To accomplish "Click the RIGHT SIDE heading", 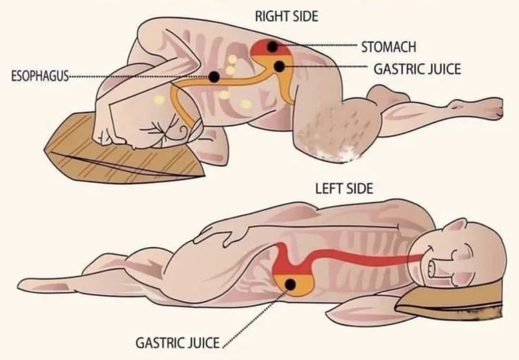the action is click(x=286, y=16).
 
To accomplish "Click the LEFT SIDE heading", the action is click(x=344, y=188).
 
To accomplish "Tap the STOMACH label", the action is click(x=388, y=47).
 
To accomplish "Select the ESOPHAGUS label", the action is click(x=40, y=76).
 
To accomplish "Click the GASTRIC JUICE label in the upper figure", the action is click(x=417, y=69).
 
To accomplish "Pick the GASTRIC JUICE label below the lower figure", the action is click(x=178, y=342).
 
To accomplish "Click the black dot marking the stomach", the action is click(x=272, y=47).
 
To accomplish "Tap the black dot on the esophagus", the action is click(x=214, y=77).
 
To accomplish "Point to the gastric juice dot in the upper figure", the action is click(x=279, y=66).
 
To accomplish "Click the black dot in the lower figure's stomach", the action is click(x=290, y=284).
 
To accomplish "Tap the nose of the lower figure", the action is click(x=432, y=268).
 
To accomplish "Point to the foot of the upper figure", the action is click(x=476, y=108).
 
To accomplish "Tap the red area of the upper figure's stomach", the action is click(x=269, y=48).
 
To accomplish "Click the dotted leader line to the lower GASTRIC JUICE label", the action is click(x=256, y=317).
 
